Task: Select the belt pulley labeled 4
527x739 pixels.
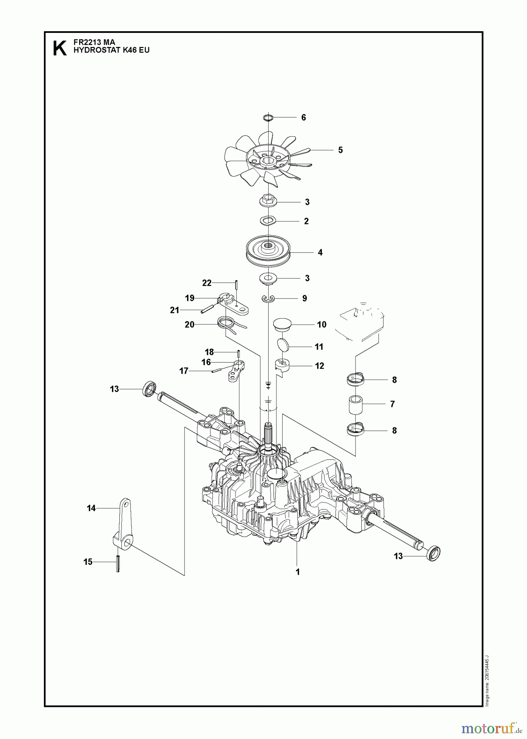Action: (x=268, y=251)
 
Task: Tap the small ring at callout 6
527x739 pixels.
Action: (x=268, y=118)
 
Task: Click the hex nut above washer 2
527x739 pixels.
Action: (x=268, y=201)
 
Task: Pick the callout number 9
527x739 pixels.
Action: (x=304, y=298)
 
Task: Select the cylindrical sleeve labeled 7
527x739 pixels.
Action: (x=357, y=404)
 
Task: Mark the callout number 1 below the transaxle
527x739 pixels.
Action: (x=298, y=571)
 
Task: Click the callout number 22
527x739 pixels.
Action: (x=207, y=283)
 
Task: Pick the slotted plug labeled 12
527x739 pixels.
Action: (x=281, y=364)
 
